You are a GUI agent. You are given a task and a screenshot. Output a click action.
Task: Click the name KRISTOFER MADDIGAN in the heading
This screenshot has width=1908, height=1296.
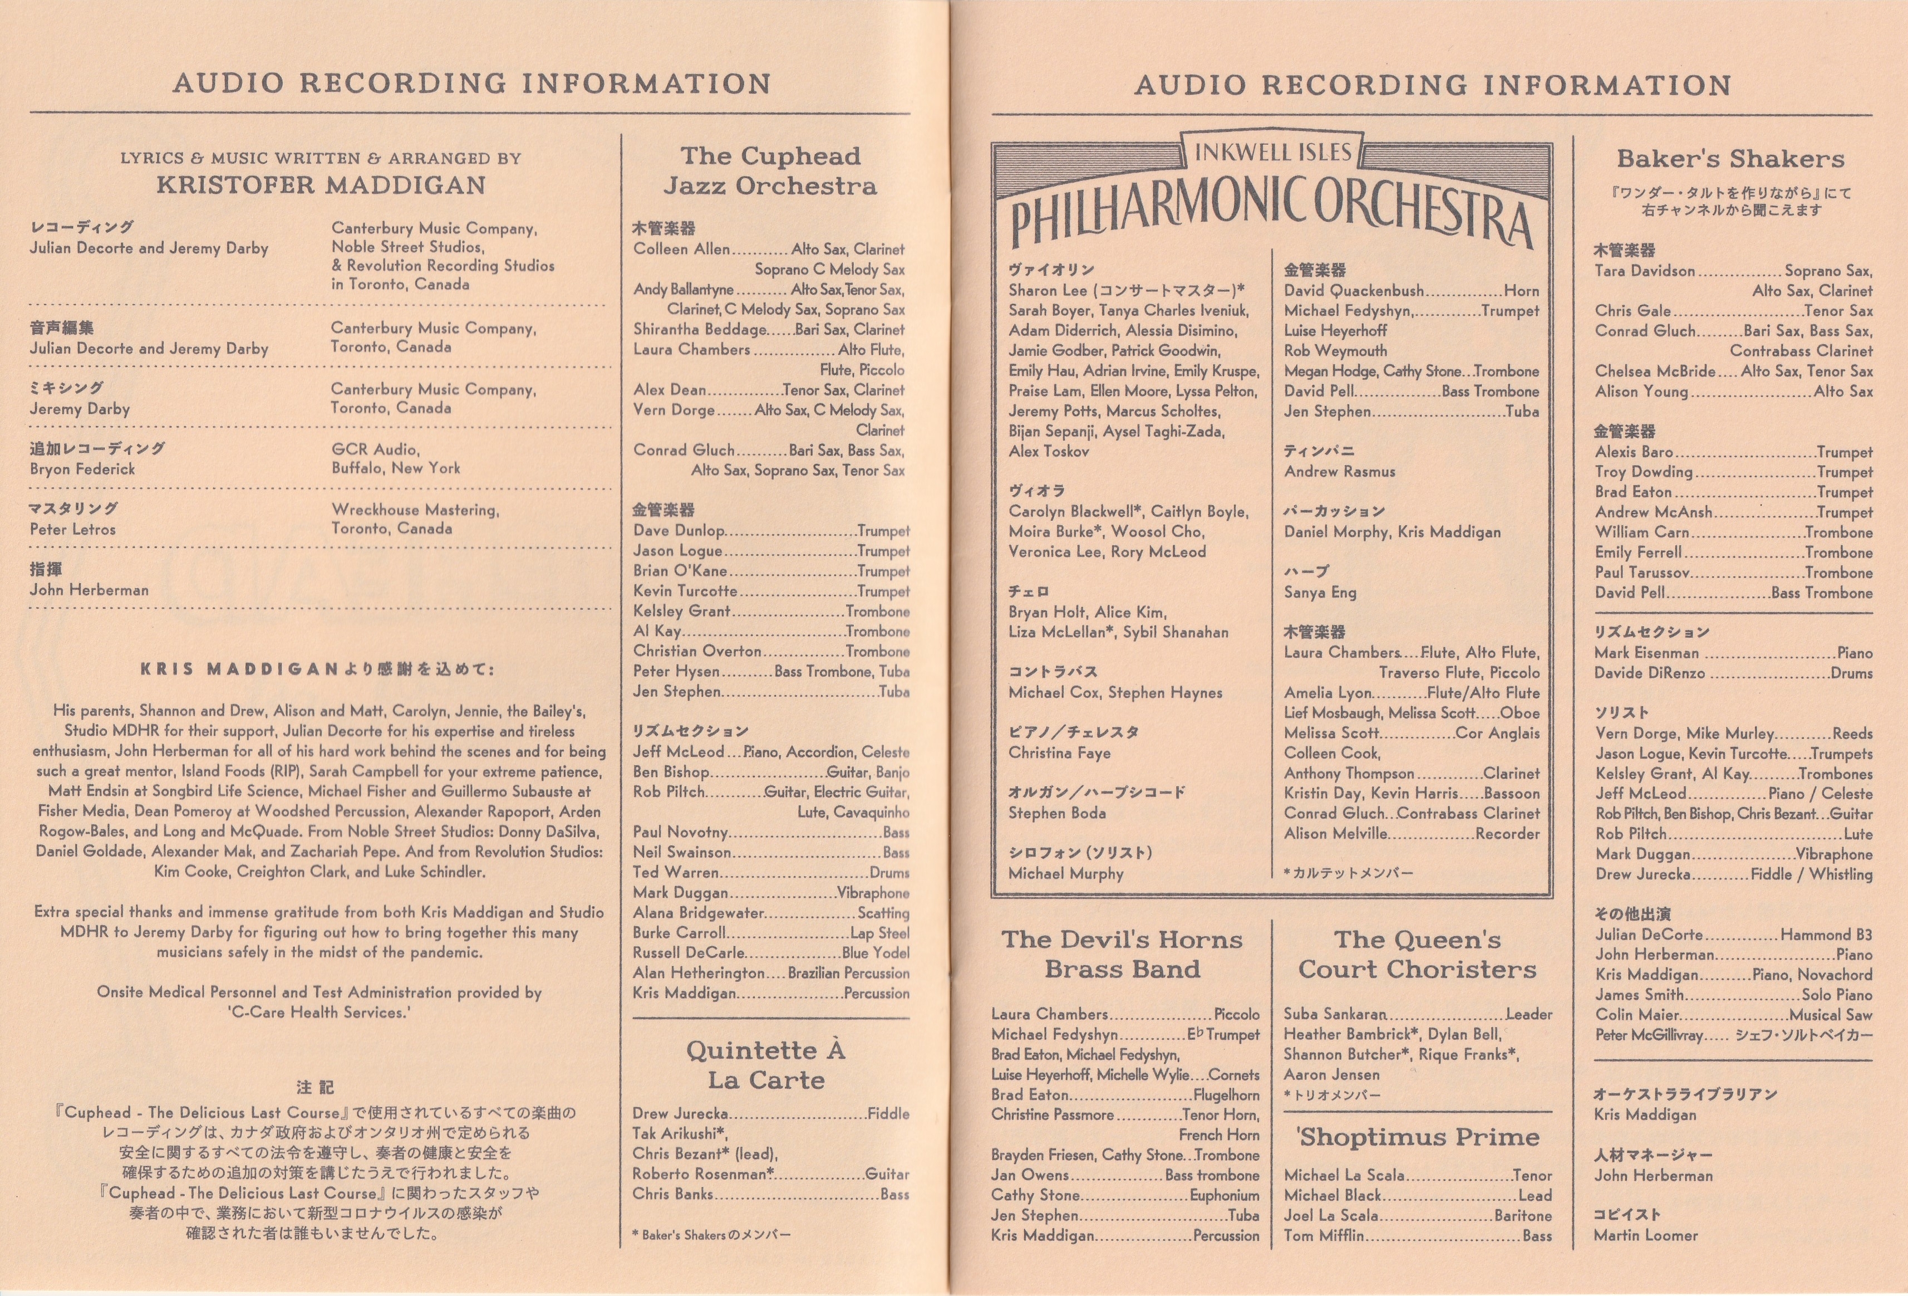321,185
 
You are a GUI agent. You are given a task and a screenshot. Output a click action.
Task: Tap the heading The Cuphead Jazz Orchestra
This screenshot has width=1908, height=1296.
770,171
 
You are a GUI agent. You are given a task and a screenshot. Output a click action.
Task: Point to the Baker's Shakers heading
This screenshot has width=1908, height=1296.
1730,159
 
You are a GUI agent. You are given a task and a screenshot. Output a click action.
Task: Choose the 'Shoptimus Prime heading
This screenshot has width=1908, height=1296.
1417,1137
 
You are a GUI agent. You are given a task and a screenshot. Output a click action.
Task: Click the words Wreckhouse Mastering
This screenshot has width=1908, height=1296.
415,510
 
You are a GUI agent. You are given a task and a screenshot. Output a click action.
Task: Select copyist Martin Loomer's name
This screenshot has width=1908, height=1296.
1645,1235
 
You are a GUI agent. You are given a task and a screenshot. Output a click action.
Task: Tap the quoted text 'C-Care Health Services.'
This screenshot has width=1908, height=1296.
319,1013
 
